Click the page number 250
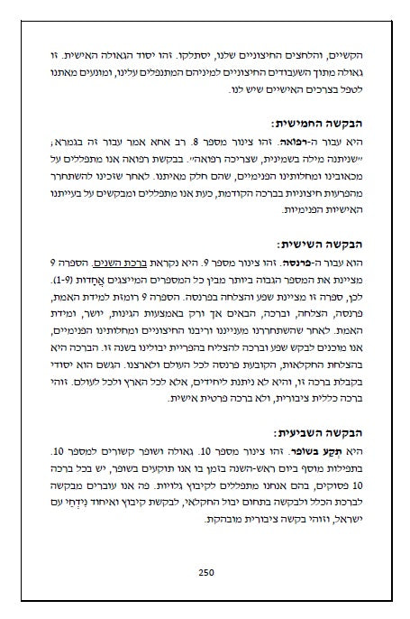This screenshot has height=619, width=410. (x=205, y=570)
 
